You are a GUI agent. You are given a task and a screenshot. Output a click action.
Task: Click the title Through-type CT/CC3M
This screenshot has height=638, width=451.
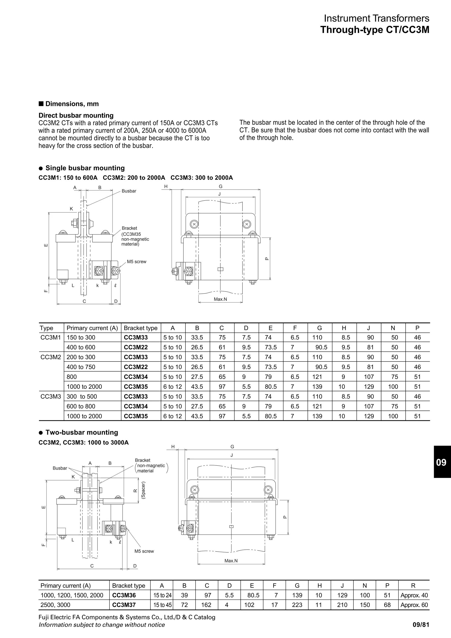click(x=375, y=30)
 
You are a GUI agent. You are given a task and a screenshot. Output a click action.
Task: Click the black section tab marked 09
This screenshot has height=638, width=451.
click(x=442, y=462)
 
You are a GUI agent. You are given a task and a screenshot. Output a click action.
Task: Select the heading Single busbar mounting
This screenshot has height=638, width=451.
click(x=85, y=168)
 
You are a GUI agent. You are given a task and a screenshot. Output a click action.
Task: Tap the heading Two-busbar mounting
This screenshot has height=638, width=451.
click(x=81, y=432)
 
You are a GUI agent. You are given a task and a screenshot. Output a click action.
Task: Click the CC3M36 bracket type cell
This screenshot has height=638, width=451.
click(x=124, y=595)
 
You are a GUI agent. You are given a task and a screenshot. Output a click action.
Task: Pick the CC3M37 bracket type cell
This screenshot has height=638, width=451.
click(x=124, y=605)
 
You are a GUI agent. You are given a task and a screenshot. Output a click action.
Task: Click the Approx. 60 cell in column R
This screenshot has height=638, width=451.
click(x=414, y=605)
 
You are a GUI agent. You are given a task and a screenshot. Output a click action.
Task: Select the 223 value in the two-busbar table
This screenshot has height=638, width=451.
click(x=297, y=605)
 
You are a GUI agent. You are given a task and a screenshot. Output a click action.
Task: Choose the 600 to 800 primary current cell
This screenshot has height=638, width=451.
click(x=81, y=406)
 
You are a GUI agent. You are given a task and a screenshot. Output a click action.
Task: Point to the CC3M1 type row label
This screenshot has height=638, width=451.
click(x=51, y=337)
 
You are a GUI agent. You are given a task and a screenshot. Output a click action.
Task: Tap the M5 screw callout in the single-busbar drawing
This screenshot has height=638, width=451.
click(x=137, y=262)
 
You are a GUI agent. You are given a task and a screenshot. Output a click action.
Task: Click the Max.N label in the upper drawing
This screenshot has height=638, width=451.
click(x=220, y=299)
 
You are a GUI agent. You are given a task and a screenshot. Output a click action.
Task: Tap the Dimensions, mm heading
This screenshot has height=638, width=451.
click(x=72, y=104)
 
